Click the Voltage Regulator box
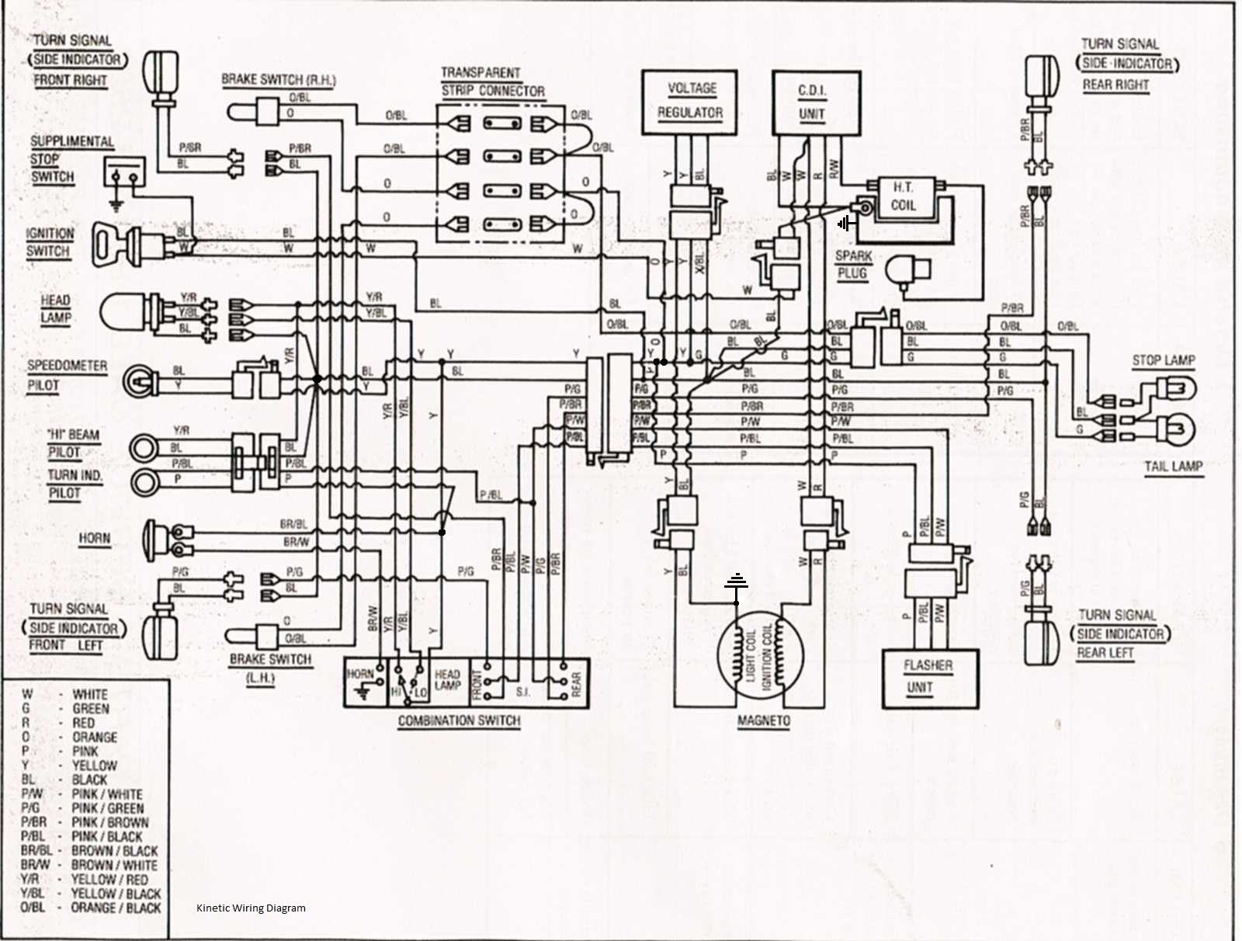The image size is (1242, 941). pyautogui.click(x=690, y=102)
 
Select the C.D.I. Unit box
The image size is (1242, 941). pyautogui.click(x=816, y=102)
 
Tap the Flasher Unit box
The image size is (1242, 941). pyautogui.click(x=930, y=678)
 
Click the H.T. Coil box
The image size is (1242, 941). pyautogui.click(x=904, y=198)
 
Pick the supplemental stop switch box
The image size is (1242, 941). pyautogui.click(x=124, y=173)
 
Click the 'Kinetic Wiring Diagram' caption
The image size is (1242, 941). pyautogui.click(x=251, y=908)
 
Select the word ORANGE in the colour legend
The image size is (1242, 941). pyautogui.click(x=95, y=737)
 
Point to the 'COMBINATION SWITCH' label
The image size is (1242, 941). pyautogui.click(x=459, y=721)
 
